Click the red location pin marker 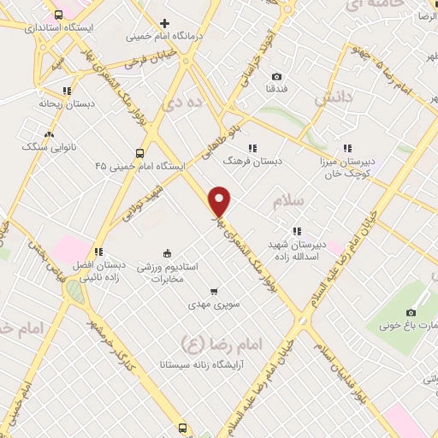(x=221, y=201)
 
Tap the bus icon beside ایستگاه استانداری (x=58, y=15)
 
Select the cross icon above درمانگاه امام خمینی (x=164, y=23)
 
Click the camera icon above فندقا (x=275, y=75)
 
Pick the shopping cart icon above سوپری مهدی (x=213, y=291)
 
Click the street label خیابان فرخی (x=148, y=62)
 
